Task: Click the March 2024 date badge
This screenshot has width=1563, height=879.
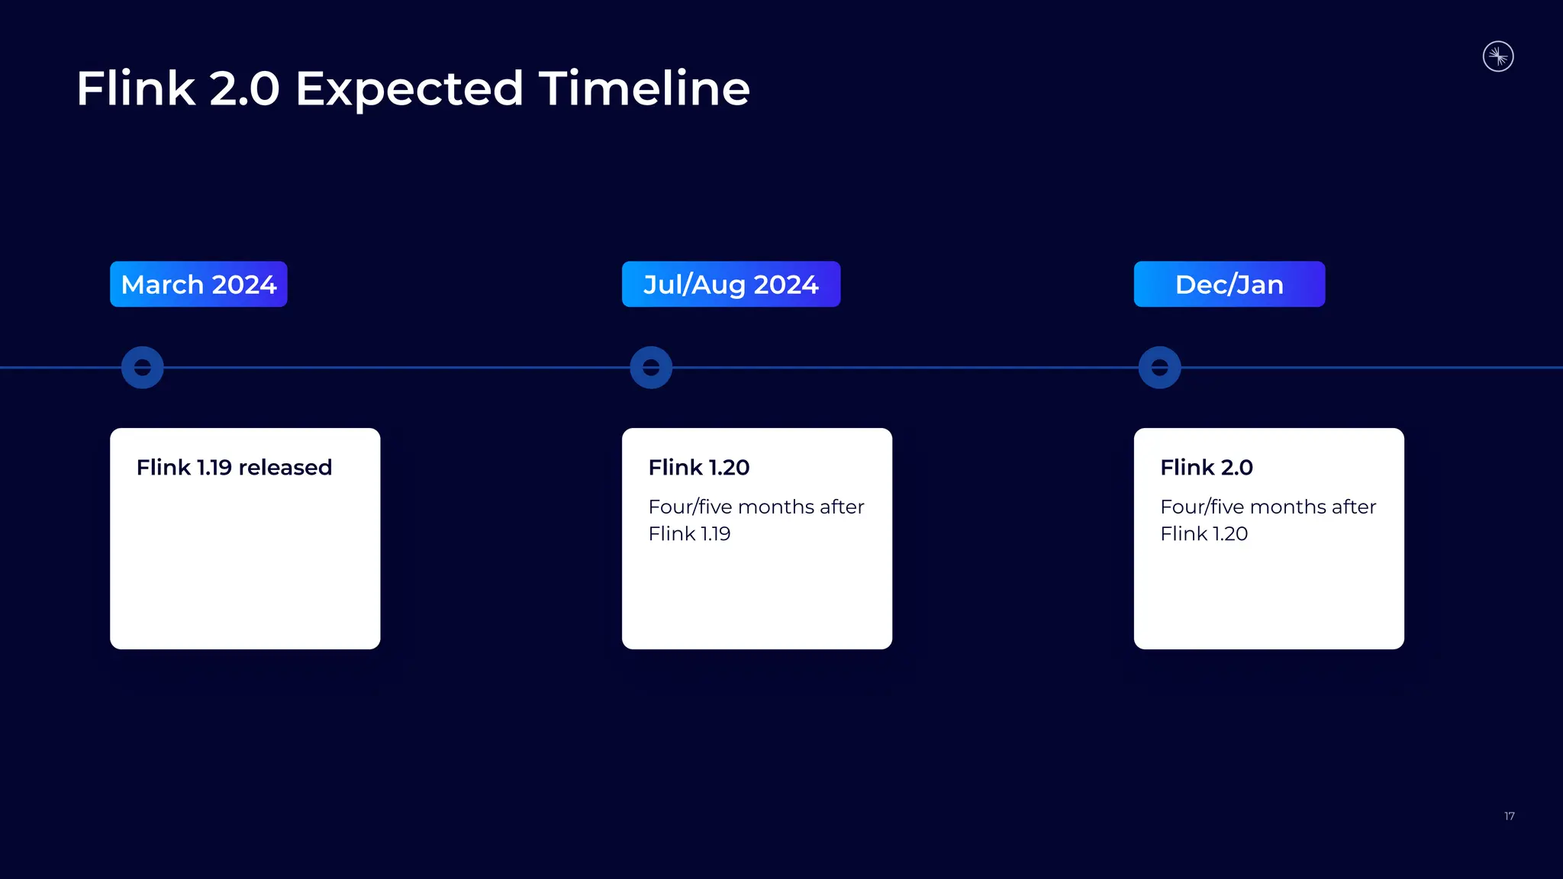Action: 198,285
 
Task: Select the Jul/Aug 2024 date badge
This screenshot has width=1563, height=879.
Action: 730,285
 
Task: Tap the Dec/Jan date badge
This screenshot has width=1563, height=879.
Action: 1229,285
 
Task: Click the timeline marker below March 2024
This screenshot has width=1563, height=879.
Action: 143,368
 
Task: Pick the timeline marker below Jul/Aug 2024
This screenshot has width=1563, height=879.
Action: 651,368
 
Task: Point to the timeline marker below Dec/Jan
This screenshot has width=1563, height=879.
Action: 1159,368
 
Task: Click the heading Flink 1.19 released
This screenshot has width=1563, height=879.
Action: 234,467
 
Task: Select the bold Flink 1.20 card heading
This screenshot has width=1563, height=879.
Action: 698,467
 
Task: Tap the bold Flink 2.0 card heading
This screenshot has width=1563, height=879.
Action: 1206,467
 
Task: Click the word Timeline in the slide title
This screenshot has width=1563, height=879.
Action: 644,89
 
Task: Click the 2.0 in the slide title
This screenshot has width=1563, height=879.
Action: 244,89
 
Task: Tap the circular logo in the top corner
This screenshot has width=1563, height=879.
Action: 1498,56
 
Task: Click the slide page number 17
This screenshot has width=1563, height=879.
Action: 1509,816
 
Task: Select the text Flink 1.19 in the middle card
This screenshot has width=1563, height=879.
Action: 689,533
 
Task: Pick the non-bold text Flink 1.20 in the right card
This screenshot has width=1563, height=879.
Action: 1204,533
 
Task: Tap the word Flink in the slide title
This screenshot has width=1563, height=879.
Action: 135,89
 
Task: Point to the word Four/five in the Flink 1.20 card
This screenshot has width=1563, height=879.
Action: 690,507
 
